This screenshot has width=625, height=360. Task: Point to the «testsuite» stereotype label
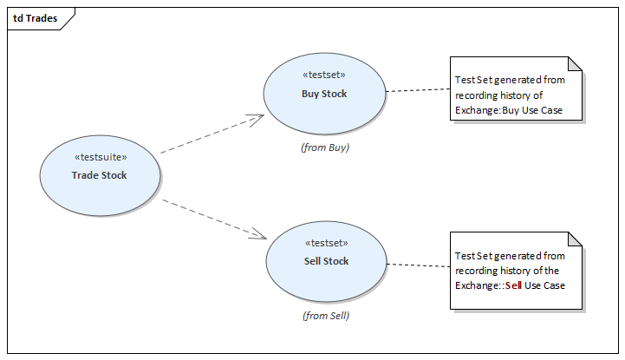pyautogui.click(x=101, y=157)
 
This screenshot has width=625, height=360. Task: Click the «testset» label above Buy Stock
pyautogui.click(x=324, y=75)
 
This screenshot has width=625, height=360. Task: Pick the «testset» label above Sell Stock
pyautogui.click(x=326, y=243)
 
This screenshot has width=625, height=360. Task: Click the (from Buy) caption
pyautogui.click(x=324, y=147)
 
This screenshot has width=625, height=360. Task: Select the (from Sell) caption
pyautogui.click(x=326, y=316)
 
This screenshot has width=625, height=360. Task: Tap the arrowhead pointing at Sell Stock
pyautogui.click(x=258, y=235)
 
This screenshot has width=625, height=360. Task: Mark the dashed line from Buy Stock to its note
pyautogui.click(x=417, y=89)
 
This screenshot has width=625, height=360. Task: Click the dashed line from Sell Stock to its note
pyautogui.click(x=418, y=264)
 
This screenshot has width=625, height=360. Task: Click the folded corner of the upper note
pyautogui.click(x=575, y=64)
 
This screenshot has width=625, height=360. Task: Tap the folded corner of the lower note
pyautogui.click(x=575, y=239)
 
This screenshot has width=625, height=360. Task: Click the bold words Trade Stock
pyautogui.click(x=99, y=175)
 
